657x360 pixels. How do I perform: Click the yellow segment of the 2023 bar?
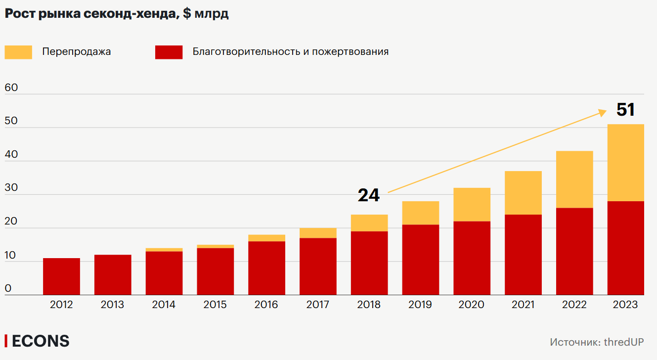pyautogui.click(x=625, y=163)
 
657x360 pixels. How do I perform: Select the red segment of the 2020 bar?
pyautogui.click(x=472, y=258)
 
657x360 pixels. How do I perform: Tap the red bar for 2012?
pyautogui.click(x=61, y=276)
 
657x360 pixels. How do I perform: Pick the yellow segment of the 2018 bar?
pyautogui.click(x=369, y=223)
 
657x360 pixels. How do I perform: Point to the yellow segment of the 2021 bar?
pyautogui.click(x=523, y=193)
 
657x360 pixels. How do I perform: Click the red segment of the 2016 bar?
pyautogui.click(x=266, y=268)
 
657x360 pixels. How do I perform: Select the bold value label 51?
pyautogui.click(x=625, y=110)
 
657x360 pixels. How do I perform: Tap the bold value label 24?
pyautogui.click(x=369, y=195)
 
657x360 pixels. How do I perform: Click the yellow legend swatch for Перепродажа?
pyautogui.click(x=18, y=52)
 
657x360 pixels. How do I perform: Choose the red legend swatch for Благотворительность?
pyautogui.click(x=169, y=52)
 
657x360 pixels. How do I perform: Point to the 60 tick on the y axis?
pyautogui.click(x=11, y=88)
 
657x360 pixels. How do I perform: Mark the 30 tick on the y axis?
pyautogui.click(x=11, y=188)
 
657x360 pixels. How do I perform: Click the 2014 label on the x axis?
pyautogui.click(x=164, y=305)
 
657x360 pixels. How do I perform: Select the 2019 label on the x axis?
pyautogui.click(x=420, y=305)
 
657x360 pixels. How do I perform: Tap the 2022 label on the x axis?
pyautogui.click(x=574, y=305)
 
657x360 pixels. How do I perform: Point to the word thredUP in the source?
pyautogui.click(x=624, y=342)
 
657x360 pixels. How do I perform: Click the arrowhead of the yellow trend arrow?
pyautogui.click(x=603, y=112)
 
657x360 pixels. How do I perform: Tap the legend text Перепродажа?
pyautogui.click(x=76, y=52)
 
